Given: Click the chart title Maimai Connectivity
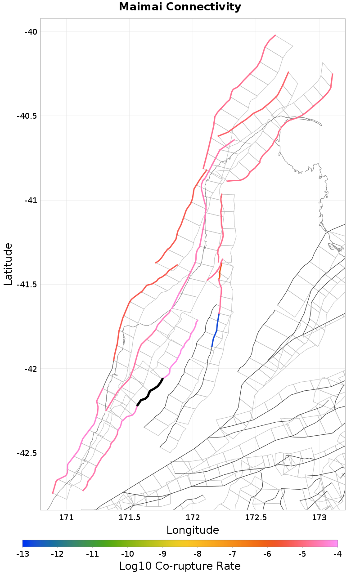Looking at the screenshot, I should coord(180,7).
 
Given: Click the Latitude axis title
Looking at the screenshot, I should coord(8,264).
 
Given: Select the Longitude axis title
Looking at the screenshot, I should coord(193,530).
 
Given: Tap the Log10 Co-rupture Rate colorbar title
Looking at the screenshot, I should coord(180,566).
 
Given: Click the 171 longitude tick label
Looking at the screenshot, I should coord(66,517).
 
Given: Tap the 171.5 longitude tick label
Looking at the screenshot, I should coord(130,517).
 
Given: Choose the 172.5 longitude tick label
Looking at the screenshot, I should coord(256,517).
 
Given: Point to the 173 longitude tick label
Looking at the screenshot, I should coord(319,517).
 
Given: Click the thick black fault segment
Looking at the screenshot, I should coord(150,392).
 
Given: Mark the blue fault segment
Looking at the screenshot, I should coord(216,330).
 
